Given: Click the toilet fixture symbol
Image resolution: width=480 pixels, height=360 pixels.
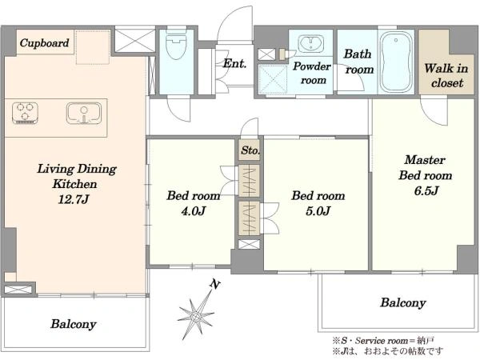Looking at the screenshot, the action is pyautogui.click(x=176, y=43).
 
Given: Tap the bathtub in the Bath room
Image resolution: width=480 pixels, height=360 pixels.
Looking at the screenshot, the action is pyautogui.click(x=396, y=62).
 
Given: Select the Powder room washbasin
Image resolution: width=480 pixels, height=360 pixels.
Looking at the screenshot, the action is pyautogui.click(x=310, y=43).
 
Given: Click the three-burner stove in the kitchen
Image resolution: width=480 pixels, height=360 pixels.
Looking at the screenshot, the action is pyautogui.click(x=25, y=113).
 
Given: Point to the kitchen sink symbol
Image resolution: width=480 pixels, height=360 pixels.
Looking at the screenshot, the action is pyautogui.click(x=84, y=114).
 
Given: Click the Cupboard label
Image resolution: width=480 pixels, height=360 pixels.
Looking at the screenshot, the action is pyautogui.click(x=44, y=43).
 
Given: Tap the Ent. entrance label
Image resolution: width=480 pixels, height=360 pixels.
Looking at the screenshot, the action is pyautogui.click(x=234, y=63).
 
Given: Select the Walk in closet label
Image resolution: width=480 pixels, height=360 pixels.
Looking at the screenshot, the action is pyautogui.click(x=446, y=75).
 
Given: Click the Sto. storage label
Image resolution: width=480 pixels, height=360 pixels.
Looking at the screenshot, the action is pyautogui.click(x=250, y=150).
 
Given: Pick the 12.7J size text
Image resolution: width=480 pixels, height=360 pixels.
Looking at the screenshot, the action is pyautogui.click(x=74, y=199).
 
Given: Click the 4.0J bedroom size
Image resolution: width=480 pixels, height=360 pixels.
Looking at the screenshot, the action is pyautogui.click(x=193, y=211).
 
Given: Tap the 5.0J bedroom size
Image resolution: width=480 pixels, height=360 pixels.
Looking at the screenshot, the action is pyautogui.click(x=318, y=211).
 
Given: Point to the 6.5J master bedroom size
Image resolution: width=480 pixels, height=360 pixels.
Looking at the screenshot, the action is pyautogui.click(x=426, y=190).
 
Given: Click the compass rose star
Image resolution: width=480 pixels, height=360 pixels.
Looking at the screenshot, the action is pyautogui.click(x=196, y=315).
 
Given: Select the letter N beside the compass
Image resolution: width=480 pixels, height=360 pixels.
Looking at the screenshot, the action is pyautogui.click(x=215, y=284).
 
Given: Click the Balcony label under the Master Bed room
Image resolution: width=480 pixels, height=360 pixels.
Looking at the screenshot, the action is pyautogui.click(x=403, y=302).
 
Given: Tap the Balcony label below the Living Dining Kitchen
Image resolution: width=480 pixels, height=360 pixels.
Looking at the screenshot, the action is pyautogui.click(x=74, y=324).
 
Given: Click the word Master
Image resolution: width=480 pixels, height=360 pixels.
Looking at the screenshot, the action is pyautogui.click(x=425, y=160).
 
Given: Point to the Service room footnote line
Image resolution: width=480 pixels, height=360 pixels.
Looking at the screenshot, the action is pyautogui.click(x=383, y=341).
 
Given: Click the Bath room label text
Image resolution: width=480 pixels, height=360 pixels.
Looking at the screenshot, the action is pyautogui.click(x=358, y=62).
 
